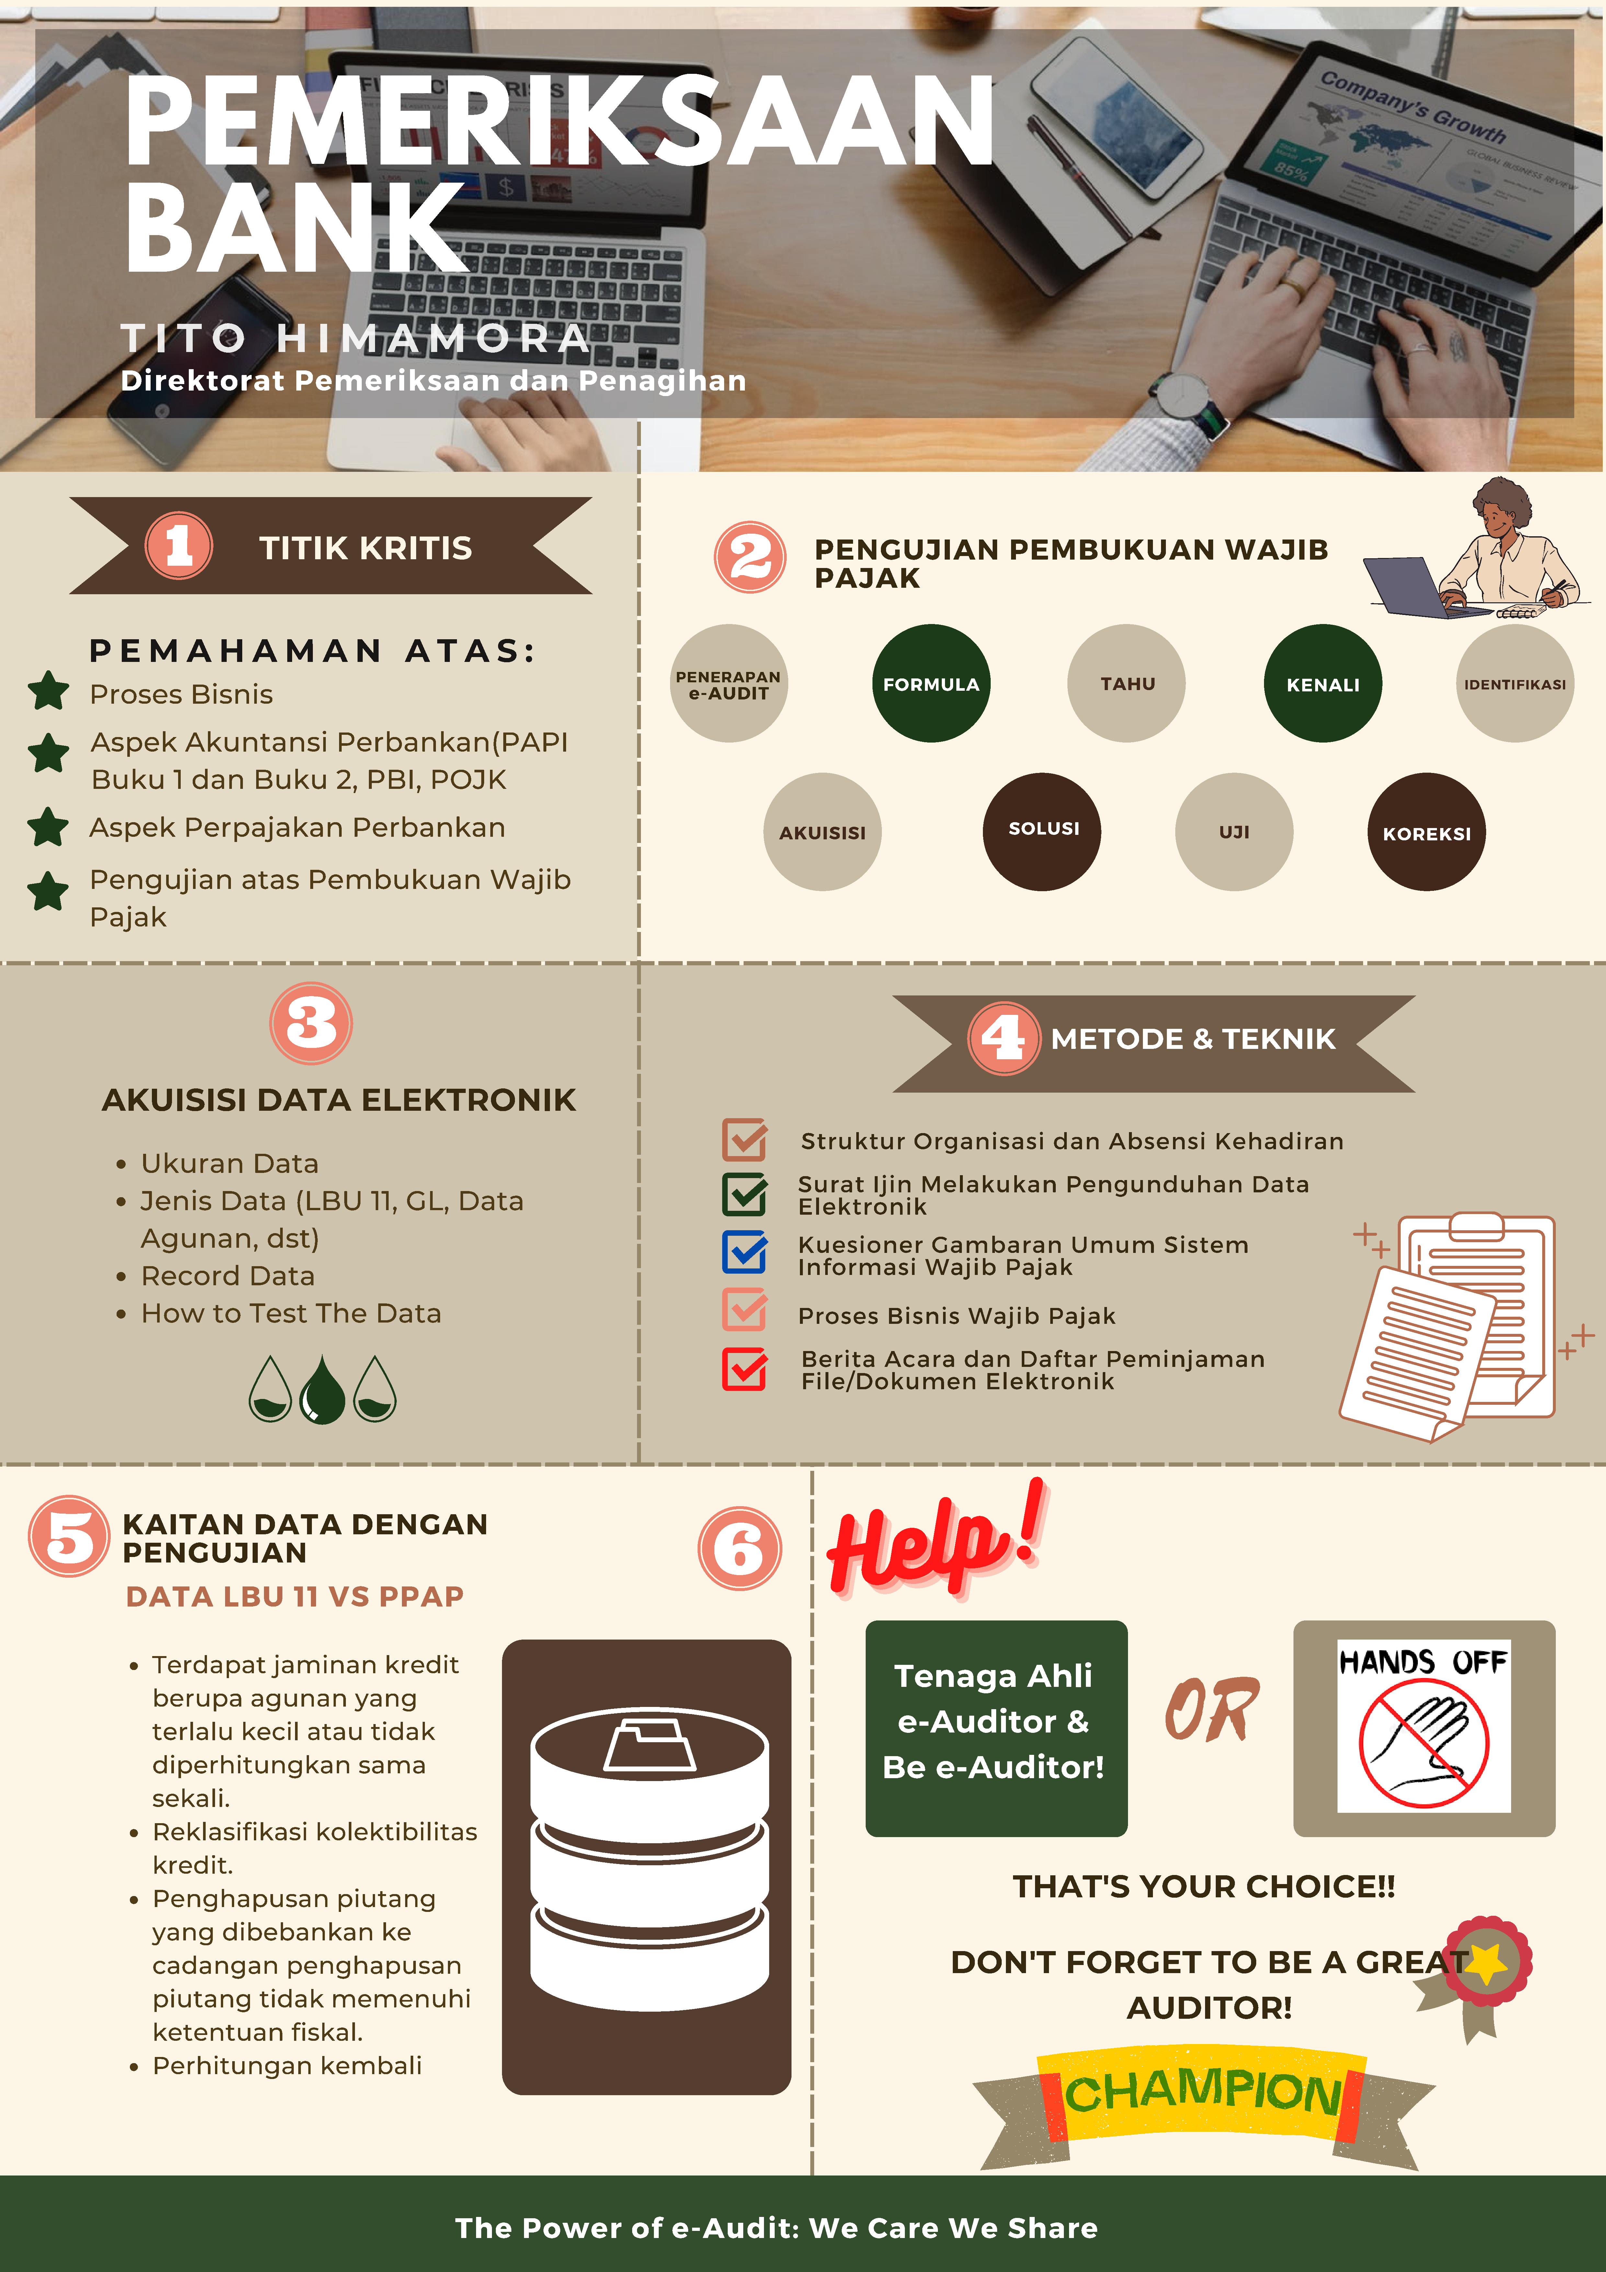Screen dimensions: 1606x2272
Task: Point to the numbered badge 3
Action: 311,1023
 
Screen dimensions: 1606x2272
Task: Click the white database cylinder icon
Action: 649,1856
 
